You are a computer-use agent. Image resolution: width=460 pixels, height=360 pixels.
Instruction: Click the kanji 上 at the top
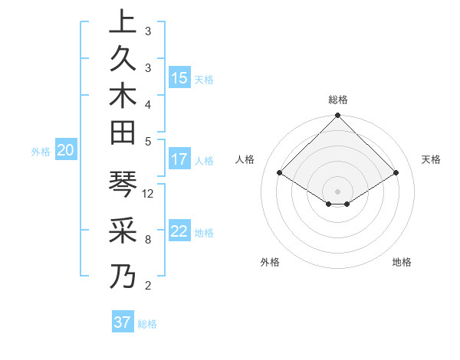click(123, 22)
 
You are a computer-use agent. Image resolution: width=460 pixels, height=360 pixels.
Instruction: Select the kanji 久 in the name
click(123, 60)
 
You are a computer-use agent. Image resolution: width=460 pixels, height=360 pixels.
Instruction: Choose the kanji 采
click(123, 231)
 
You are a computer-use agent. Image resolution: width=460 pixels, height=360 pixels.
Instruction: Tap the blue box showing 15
click(179, 78)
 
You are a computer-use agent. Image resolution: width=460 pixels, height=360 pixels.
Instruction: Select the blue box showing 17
click(179, 160)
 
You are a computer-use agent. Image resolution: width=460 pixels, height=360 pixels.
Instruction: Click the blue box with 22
click(179, 232)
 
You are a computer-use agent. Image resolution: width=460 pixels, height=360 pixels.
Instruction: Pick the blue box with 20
click(66, 151)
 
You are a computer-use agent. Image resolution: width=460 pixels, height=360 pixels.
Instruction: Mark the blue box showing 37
click(123, 322)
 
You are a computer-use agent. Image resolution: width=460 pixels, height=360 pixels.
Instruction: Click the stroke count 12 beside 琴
click(149, 193)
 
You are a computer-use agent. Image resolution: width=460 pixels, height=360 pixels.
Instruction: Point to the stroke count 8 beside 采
click(148, 239)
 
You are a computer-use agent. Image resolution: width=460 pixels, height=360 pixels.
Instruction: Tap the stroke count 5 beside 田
click(148, 141)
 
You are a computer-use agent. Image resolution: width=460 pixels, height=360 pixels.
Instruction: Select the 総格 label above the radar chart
click(338, 100)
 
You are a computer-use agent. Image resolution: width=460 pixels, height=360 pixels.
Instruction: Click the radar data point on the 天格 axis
click(396, 173)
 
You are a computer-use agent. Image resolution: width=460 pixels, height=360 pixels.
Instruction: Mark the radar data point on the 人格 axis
click(280, 173)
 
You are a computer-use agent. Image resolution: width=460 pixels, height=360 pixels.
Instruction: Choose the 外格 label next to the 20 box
click(41, 152)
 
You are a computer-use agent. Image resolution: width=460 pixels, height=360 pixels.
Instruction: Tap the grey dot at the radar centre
click(338, 191)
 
